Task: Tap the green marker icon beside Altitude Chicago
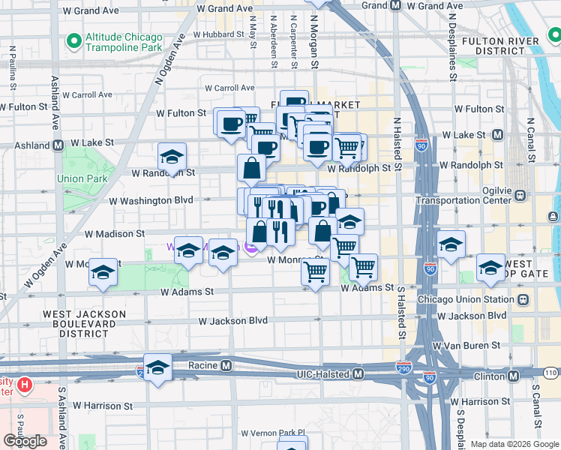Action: click(73, 40)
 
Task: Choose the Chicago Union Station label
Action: click(472, 300)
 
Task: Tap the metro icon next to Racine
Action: click(225, 365)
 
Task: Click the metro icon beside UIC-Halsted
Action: click(358, 373)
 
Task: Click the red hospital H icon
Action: click(25, 385)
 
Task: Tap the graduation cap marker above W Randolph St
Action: click(172, 157)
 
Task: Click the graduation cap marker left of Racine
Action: click(157, 367)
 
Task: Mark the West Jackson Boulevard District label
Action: click(75, 323)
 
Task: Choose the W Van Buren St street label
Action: click(466, 346)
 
